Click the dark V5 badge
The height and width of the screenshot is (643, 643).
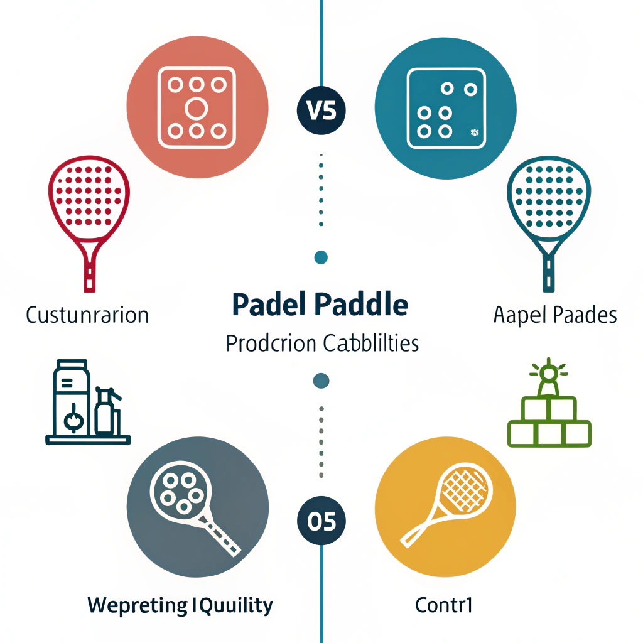321,111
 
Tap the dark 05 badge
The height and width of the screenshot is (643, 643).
321,521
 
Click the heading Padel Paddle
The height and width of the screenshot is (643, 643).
320,305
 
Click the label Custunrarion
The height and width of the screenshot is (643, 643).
87,314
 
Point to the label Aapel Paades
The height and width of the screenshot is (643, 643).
555,314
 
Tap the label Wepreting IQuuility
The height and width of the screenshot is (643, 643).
180,605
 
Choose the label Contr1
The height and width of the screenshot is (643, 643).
443,605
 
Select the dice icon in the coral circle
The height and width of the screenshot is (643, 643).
196,109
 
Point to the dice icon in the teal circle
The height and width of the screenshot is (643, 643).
446,109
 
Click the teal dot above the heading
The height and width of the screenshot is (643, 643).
321,256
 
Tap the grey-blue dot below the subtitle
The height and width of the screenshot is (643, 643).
321,381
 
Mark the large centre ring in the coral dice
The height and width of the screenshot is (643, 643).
196,109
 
